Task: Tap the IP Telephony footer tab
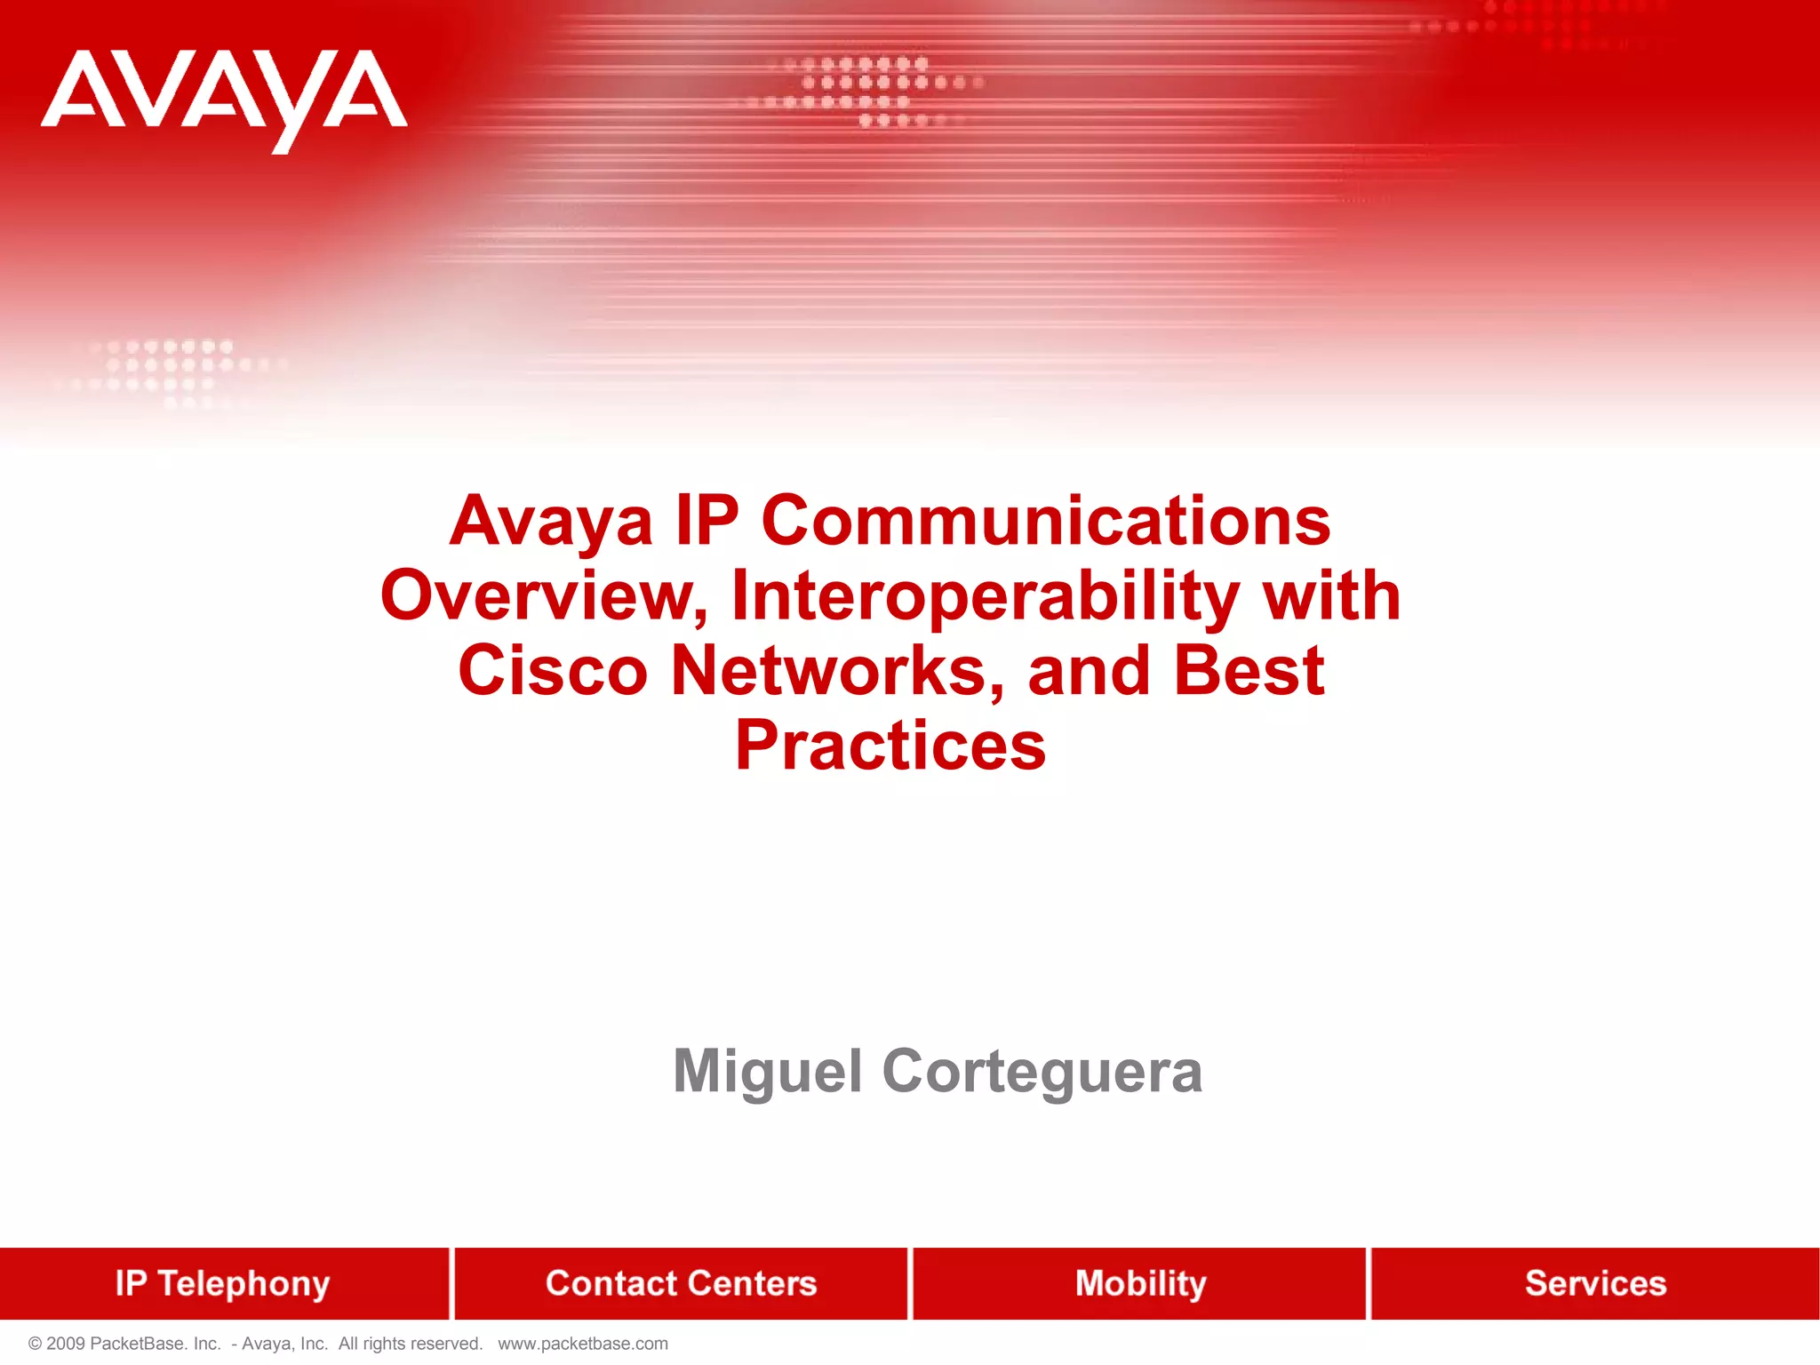tap(222, 1283)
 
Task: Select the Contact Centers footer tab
tap(681, 1283)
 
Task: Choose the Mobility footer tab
tap(1140, 1283)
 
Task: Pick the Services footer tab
tap(1595, 1283)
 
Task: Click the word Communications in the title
tap(1046, 521)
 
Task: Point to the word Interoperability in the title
tap(986, 595)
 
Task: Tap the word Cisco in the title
tap(553, 671)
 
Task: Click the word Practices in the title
tap(890, 746)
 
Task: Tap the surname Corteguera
tap(1042, 1073)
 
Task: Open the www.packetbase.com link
tap(582, 1344)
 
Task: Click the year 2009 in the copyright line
tap(66, 1344)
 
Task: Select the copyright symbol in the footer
tap(36, 1344)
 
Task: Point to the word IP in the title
tap(706, 521)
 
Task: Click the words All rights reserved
tap(410, 1344)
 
